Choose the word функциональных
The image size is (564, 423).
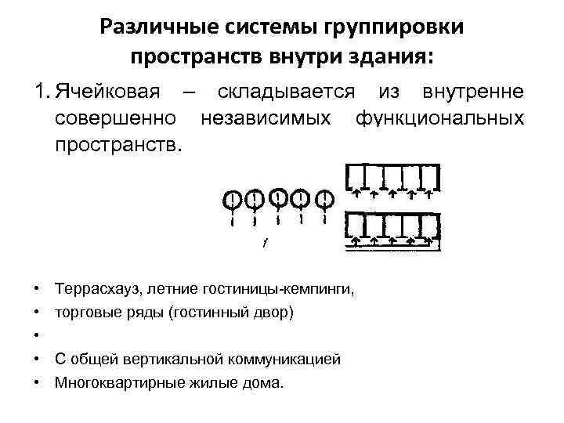point(439,119)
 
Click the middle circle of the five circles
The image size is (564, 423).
point(277,195)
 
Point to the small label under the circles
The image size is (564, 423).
point(265,241)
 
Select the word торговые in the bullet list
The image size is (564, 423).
point(83,313)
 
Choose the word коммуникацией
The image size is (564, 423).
point(287,360)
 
